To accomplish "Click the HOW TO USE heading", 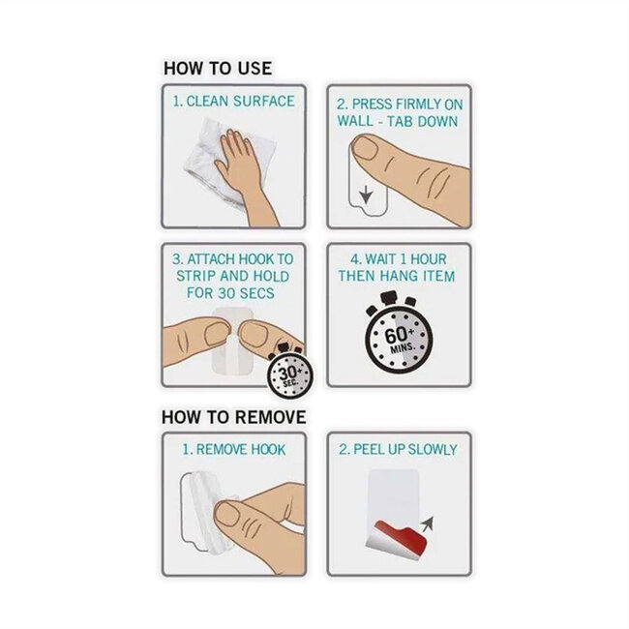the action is (218, 68).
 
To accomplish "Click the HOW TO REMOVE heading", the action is (234, 417).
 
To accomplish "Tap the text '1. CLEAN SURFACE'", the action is (233, 101).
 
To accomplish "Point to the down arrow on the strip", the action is (366, 195).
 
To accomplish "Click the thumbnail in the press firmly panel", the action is (365, 148).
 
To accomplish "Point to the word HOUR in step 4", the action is (428, 259).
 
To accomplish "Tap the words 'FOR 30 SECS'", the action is (230, 293).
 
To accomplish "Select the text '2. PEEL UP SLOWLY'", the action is (398, 450).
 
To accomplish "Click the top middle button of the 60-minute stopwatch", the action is (389, 298).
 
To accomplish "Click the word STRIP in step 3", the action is (195, 277).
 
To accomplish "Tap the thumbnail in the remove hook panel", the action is (227, 514).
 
